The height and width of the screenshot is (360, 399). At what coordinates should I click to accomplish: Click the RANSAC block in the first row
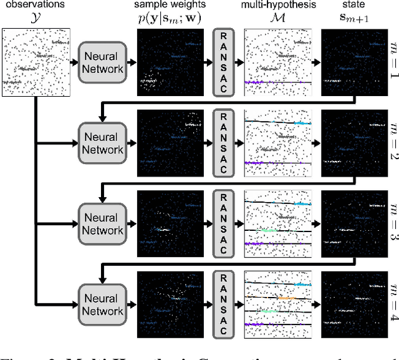224,62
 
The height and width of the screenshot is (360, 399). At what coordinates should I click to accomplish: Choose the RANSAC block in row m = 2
224,143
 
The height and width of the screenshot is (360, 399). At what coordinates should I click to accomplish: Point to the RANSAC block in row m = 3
224,223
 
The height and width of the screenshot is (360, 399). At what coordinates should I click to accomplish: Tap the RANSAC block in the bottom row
224,304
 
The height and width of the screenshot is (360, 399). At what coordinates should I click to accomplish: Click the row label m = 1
390,62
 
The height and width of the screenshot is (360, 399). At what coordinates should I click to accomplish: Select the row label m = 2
390,143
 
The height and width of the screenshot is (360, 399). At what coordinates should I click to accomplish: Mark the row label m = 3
390,224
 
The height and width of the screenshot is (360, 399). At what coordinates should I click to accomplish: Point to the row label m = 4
390,304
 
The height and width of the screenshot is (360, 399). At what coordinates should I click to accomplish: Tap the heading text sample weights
171,6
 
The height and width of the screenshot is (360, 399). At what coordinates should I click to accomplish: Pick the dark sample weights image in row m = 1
170,62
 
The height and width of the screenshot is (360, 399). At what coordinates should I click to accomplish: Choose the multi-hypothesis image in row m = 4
278,304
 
